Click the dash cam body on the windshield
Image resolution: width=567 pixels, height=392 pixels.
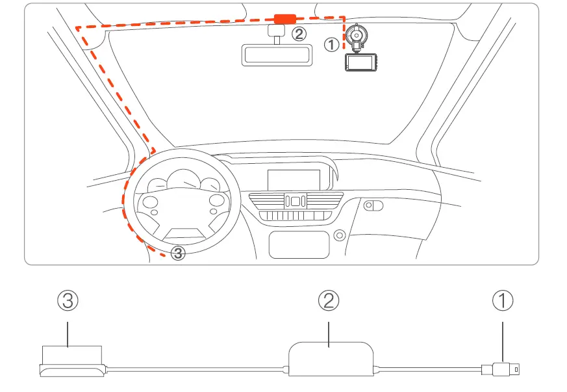(360, 64)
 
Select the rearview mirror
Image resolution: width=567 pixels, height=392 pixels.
(277, 55)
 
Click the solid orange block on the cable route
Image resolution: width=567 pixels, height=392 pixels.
(284, 20)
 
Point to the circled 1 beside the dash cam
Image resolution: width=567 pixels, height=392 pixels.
(331, 45)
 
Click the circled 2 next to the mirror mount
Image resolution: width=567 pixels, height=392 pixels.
(299, 34)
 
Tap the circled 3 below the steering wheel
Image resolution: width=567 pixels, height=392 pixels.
(178, 254)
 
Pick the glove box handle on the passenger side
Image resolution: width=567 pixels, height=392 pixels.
(373, 205)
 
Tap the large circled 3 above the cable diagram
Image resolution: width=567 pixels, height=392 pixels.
(68, 300)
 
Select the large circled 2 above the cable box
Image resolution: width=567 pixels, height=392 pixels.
(329, 300)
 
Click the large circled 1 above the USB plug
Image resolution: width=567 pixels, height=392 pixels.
(503, 300)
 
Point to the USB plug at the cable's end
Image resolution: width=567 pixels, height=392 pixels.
(505, 370)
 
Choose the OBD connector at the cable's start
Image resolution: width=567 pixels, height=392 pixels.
(69, 362)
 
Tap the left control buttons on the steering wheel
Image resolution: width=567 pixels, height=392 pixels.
(151, 204)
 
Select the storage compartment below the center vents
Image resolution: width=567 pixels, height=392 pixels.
(298, 244)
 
